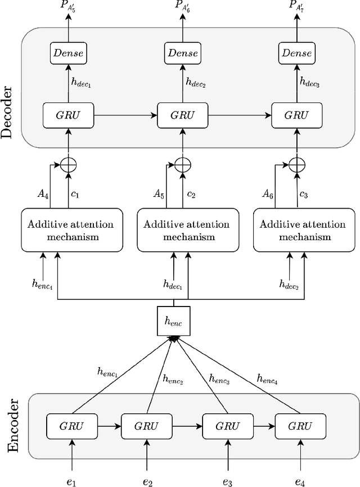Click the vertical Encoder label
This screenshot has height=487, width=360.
pos(13,425)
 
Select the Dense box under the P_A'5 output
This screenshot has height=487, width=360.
pos(67,54)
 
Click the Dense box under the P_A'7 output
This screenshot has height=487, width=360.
pos(297,54)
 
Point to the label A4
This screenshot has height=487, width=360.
pos(42,193)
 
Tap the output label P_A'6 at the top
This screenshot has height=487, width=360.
pos(182,7)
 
